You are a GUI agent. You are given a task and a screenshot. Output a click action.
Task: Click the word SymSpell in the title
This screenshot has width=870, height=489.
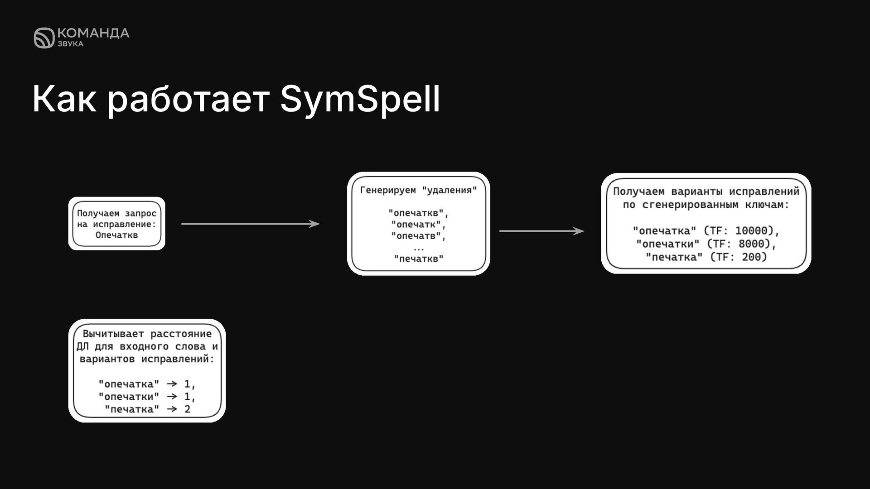[x=360, y=99]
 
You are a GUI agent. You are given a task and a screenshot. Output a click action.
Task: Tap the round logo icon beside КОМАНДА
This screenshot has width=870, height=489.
[x=44, y=38]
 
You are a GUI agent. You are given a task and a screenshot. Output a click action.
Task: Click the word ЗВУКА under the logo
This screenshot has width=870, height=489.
[x=70, y=44]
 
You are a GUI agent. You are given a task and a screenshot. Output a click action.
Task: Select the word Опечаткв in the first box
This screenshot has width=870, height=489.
[x=116, y=235]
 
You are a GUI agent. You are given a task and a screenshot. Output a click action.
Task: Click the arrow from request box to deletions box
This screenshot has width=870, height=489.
[x=250, y=224]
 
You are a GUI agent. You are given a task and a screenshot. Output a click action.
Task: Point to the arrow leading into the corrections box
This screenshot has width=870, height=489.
[x=541, y=231]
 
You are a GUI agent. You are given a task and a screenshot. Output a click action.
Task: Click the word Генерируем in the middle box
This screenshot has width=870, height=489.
[x=387, y=190]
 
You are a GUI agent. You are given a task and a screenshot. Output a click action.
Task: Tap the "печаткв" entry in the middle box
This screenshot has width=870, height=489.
[x=419, y=259]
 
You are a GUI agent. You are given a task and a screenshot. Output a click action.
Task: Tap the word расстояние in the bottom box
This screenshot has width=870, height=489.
[x=181, y=334]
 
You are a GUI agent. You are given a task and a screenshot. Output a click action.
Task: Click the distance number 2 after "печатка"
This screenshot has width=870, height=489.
[x=187, y=409]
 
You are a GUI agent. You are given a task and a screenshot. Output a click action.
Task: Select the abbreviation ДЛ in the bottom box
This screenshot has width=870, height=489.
[x=82, y=347]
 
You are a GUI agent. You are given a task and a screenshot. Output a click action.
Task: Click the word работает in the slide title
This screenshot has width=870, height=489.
[x=188, y=99]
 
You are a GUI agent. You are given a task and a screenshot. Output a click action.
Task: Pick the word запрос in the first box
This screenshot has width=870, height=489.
[x=140, y=213]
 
